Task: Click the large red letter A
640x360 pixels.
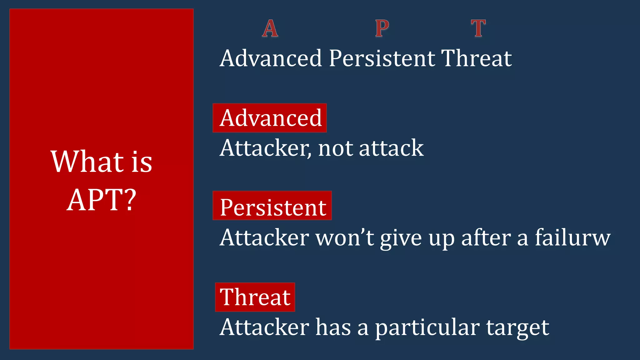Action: [270, 28]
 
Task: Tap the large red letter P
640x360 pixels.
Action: [382, 28]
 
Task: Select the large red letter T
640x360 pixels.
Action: [478, 28]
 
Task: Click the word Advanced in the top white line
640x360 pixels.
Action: [271, 58]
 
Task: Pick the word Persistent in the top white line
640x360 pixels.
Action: [382, 58]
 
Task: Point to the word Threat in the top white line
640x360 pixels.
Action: [477, 58]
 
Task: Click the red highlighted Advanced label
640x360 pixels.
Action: [270, 118]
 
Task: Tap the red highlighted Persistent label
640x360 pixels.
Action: [272, 207]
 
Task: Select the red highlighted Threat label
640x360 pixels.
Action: [255, 297]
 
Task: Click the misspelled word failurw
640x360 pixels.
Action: [572, 237]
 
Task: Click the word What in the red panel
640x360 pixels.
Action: [87, 162]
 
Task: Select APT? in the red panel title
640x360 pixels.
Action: [102, 200]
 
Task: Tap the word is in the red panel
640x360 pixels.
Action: [142, 162]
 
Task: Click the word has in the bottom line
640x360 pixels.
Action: [333, 327]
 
